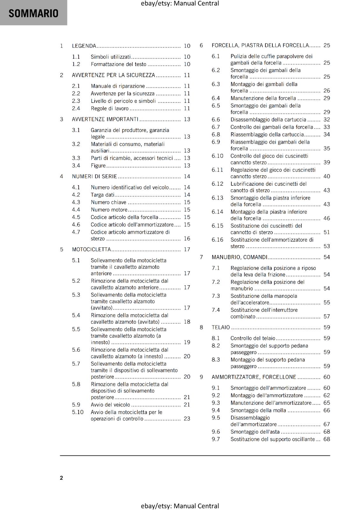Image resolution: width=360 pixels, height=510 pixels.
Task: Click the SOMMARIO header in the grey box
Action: [33, 13]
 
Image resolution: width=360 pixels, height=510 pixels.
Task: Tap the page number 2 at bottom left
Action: [61, 478]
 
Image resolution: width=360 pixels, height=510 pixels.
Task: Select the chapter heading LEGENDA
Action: [84, 46]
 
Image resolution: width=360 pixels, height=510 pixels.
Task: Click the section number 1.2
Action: [76, 64]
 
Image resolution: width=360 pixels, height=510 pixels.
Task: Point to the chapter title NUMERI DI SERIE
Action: [94, 176]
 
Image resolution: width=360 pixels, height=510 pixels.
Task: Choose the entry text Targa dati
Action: [102, 195]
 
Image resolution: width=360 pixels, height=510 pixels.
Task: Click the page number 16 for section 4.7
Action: [187, 238]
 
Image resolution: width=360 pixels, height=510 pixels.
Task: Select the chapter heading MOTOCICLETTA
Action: [91, 249]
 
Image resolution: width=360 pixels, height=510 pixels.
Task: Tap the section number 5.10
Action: [77, 412]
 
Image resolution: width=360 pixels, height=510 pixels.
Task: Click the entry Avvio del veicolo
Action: [110, 405]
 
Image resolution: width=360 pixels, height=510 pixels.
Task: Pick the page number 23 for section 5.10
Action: [187, 419]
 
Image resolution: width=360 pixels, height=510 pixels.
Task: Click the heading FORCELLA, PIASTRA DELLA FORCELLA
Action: [260, 45]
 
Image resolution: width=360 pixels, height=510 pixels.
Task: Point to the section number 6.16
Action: [217, 240]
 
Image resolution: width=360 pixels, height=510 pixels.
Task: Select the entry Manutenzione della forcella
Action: [263, 98]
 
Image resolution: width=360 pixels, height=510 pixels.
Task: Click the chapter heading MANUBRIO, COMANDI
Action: [240, 257]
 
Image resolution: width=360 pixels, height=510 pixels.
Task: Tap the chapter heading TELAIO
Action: [220, 327]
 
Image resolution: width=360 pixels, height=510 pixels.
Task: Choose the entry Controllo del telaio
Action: [253, 338]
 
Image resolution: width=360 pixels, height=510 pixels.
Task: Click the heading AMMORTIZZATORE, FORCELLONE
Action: [254, 377]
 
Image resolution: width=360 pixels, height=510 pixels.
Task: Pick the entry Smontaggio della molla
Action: [258, 411]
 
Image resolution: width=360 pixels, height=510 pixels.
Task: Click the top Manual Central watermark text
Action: [180, 4]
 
